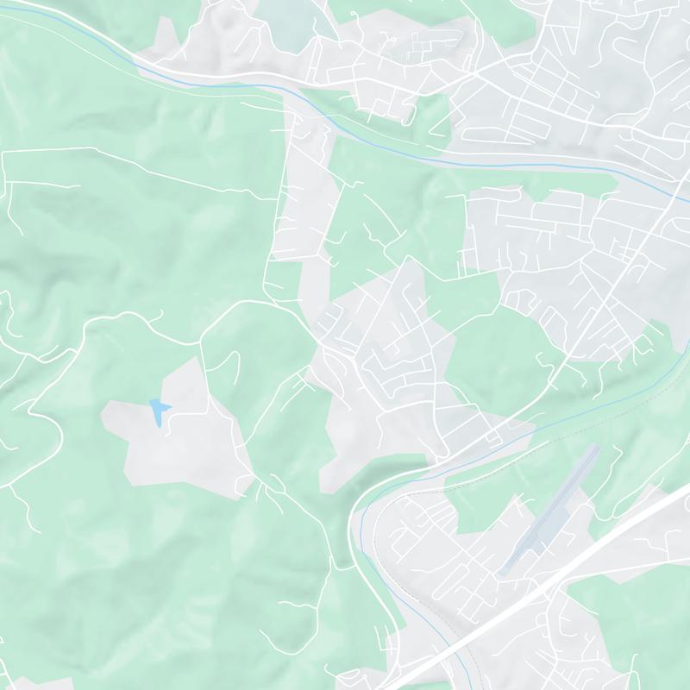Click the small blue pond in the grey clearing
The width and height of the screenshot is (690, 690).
[x=157, y=409]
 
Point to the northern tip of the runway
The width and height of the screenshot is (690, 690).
[x=596, y=447]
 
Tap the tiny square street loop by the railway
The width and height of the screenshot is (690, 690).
[x=493, y=440]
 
